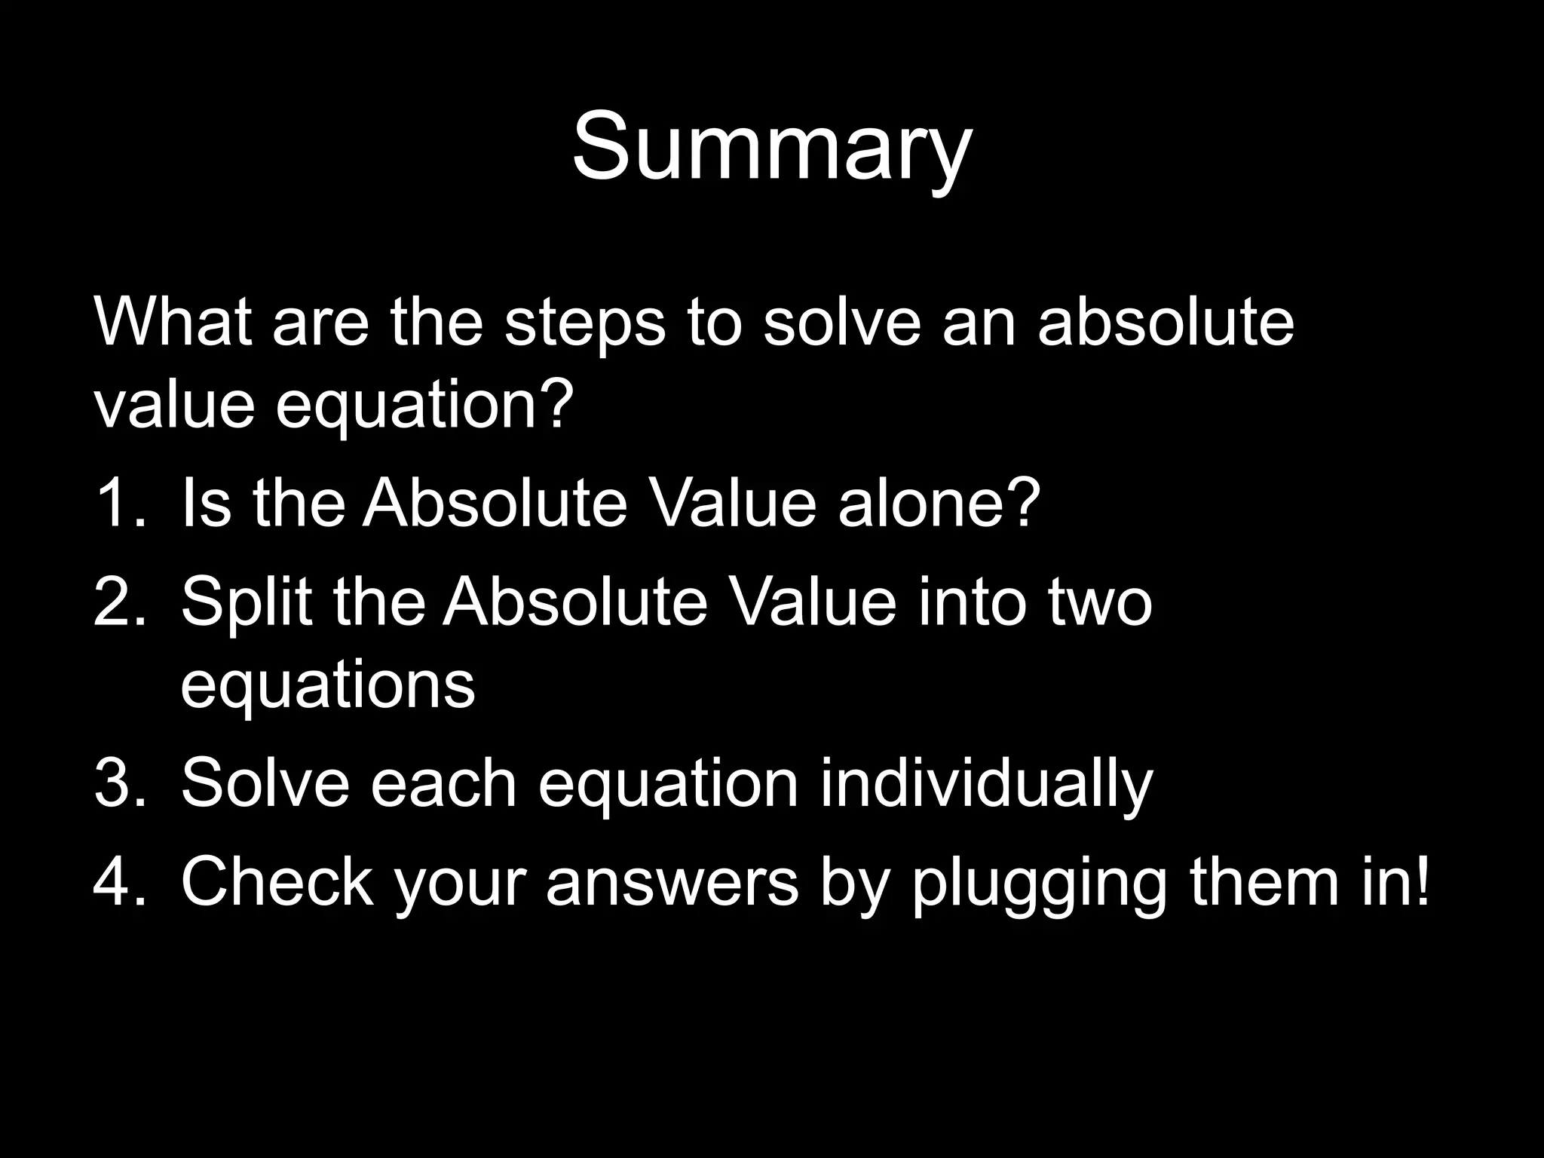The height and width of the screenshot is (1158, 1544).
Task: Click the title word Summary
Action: (772, 147)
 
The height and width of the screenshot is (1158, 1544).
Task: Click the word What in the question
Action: (173, 323)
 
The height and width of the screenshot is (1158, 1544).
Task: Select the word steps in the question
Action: (585, 326)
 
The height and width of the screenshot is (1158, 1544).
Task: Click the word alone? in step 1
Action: (939, 503)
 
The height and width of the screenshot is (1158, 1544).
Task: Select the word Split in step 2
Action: (246, 603)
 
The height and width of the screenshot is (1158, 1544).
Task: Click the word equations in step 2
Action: (328, 686)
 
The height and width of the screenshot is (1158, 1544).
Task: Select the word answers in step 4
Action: (672, 883)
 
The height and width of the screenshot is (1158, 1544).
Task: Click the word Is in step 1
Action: (206, 503)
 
